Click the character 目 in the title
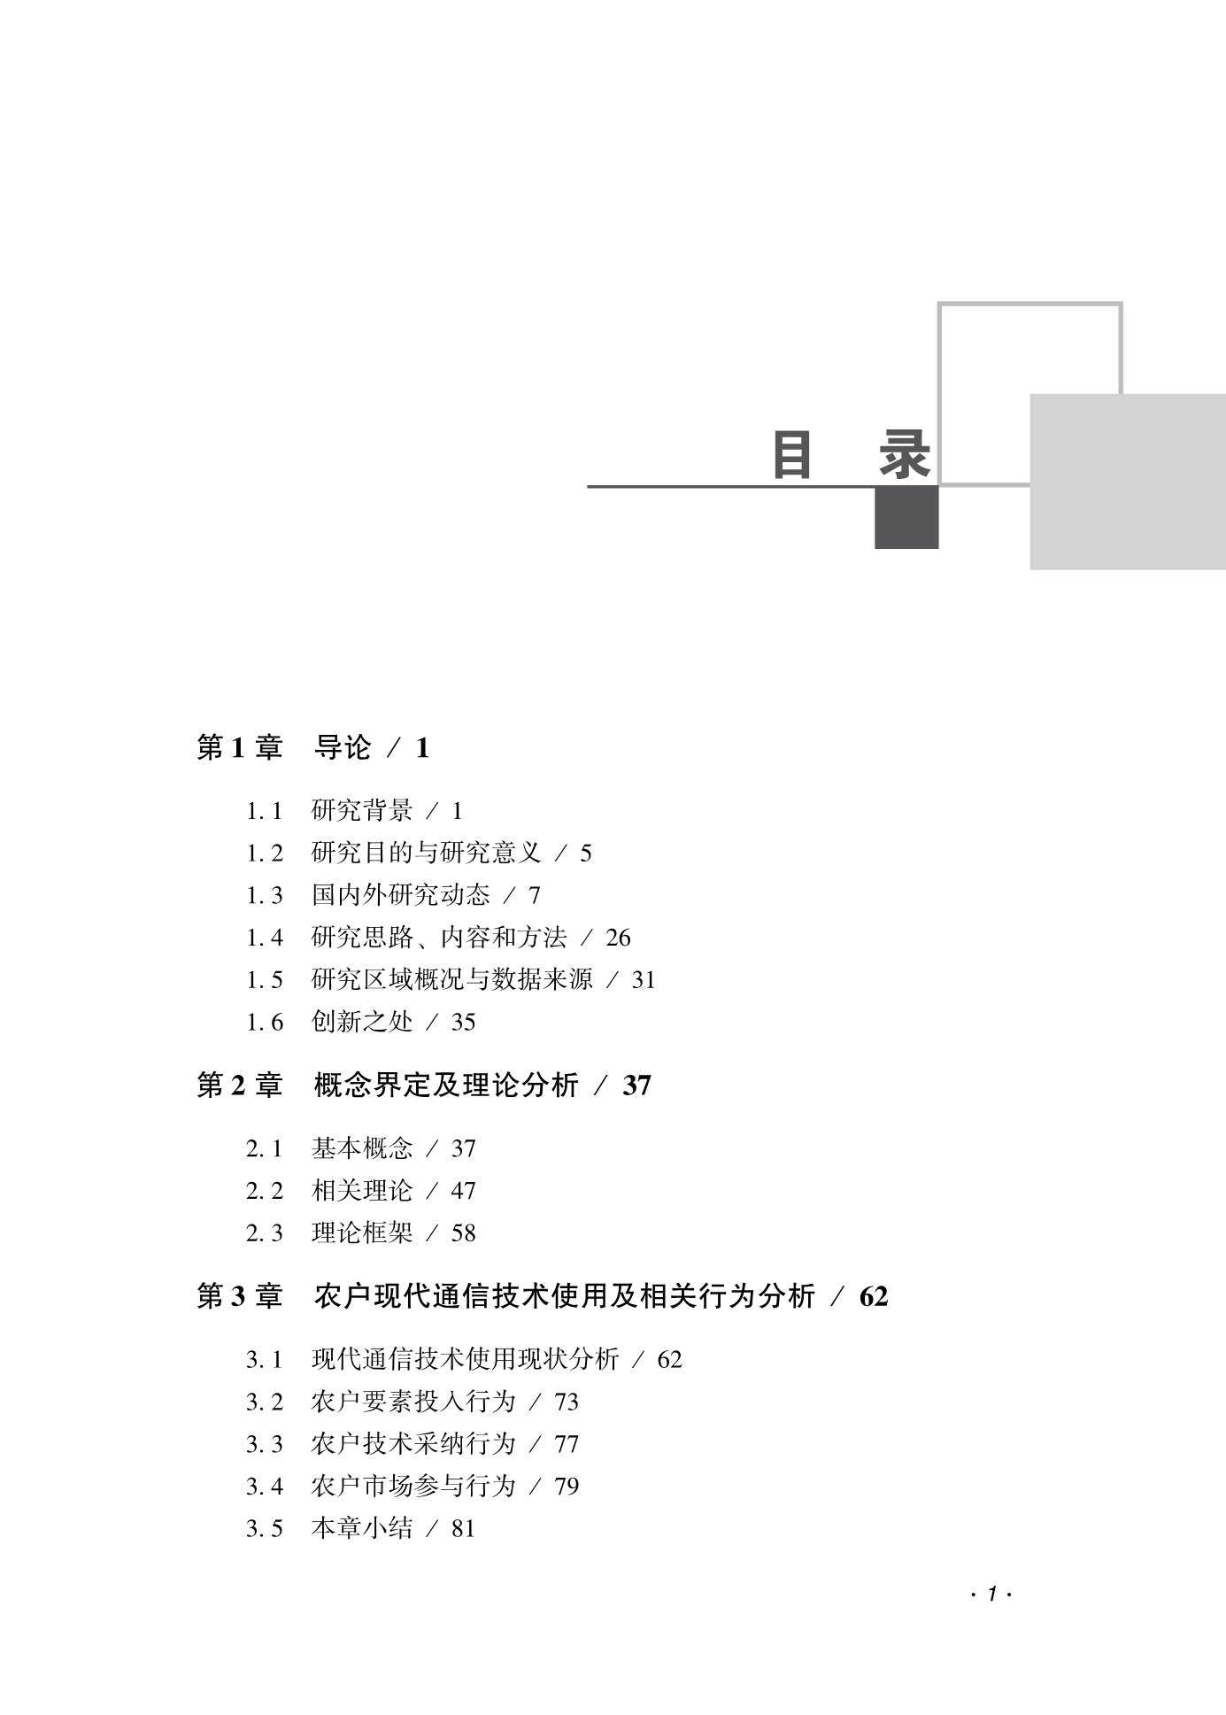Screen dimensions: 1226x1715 [791, 455]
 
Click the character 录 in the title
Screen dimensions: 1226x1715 [905, 455]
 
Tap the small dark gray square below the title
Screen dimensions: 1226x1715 [906, 518]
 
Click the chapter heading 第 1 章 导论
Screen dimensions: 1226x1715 [283, 748]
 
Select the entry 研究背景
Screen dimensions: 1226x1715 [362, 810]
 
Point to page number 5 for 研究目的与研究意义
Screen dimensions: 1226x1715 [585, 853]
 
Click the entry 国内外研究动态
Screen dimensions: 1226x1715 [400, 895]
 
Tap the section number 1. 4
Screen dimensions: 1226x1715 [265, 938]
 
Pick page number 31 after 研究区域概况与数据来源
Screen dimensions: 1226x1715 [644, 980]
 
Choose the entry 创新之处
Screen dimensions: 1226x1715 [362, 1023]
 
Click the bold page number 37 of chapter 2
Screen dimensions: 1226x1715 [636, 1085]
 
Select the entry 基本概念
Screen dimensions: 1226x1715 [362, 1148]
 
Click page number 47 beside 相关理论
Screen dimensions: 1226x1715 [463, 1191]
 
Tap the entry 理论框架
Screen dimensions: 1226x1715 [362, 1233]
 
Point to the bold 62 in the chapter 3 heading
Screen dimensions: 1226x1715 [874, 1297]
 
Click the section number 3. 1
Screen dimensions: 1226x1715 [265, 1359]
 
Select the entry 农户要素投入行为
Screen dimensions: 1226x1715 [413, 1402]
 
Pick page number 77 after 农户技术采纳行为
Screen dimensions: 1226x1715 [567, 1444]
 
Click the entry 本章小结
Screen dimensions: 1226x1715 [362, 1528]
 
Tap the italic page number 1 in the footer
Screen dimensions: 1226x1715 [992, 1595]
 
